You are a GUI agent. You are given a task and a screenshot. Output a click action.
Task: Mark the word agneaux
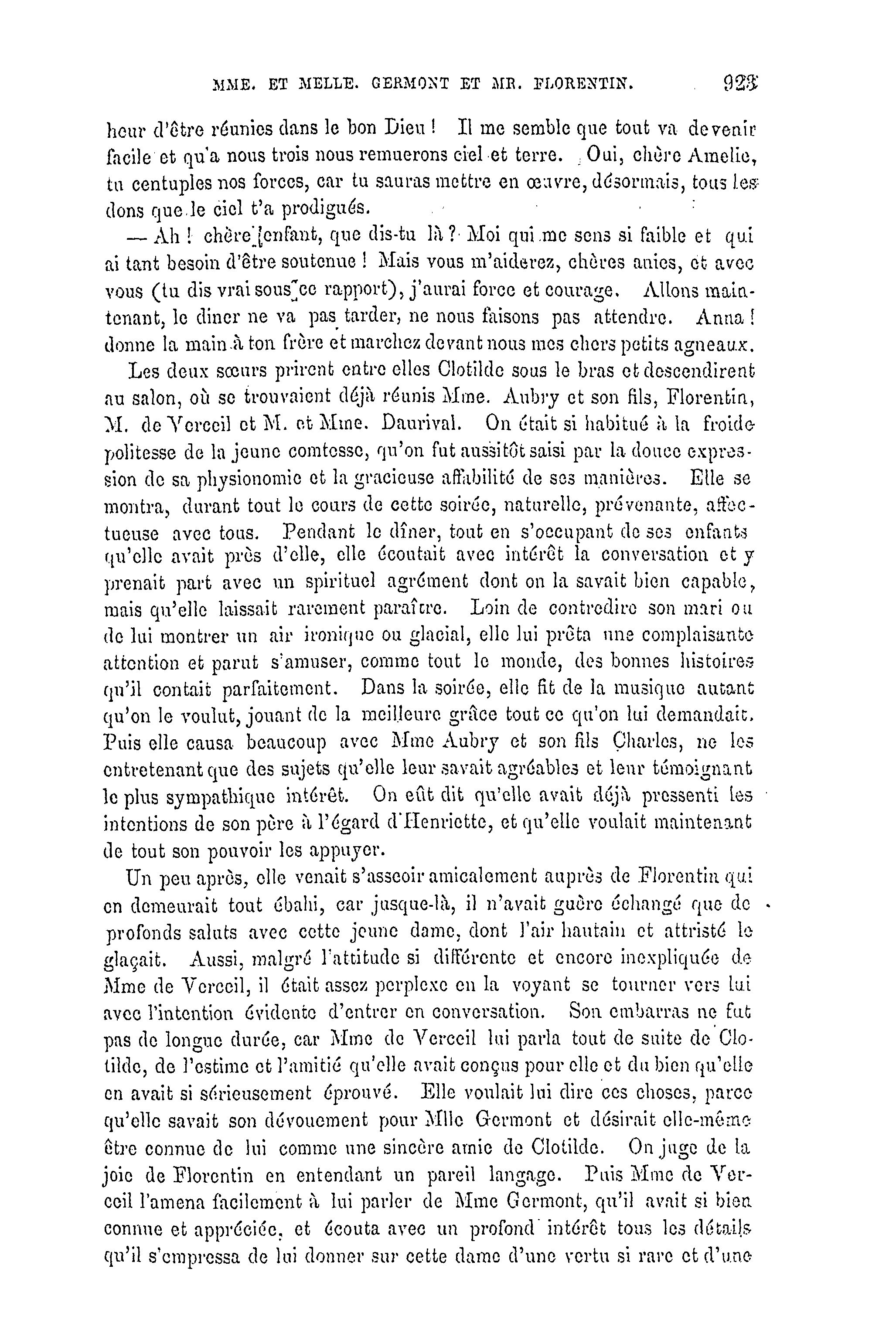point(723,345)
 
